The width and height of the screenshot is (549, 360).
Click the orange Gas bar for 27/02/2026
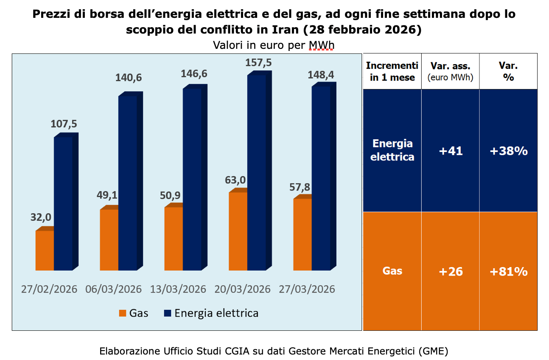coord(45,250)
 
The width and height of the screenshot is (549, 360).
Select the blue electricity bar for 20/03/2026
coord(256,172)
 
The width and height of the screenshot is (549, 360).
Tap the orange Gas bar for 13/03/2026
coord(174,239)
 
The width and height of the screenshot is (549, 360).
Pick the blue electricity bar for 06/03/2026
coord(127,183)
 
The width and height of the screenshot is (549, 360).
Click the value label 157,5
coord(259,63)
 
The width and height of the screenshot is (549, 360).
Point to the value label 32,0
coord(41,217)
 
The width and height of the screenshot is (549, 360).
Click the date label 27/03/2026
coord(307,290)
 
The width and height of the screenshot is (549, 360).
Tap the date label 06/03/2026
coord(114,290)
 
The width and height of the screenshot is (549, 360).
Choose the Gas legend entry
coord(134,313)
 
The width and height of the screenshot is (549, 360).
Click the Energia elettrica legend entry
coord(211,313)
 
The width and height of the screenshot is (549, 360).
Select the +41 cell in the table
coord(450,151)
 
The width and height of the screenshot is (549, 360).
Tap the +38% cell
coord(508,151)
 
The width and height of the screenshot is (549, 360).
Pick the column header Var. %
coord(508,71)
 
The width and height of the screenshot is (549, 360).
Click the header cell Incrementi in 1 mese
coord(392,71)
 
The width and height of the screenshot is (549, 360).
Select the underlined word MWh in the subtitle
coord(321,45)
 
